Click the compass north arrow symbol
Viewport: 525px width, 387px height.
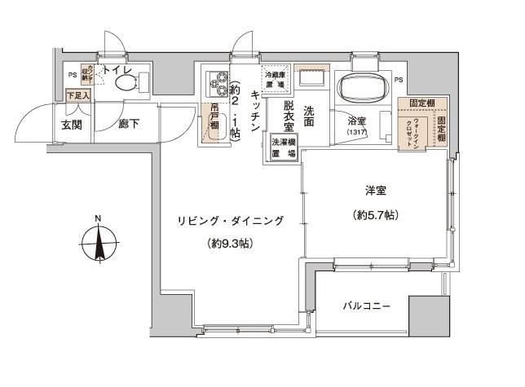click(98, 244)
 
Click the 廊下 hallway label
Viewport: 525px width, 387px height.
click(127, 125)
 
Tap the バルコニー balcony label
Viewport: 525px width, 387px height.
click(367, 307)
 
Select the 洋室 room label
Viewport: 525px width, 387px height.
click(375, 191)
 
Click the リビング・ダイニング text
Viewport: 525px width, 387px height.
click(230, 221)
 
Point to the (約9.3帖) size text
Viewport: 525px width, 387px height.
click(229, 244)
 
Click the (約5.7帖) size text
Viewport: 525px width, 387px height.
click(375, 215)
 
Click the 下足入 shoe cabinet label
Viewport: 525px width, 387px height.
click(78, 96)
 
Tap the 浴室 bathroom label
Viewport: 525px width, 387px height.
click(356, 121)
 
